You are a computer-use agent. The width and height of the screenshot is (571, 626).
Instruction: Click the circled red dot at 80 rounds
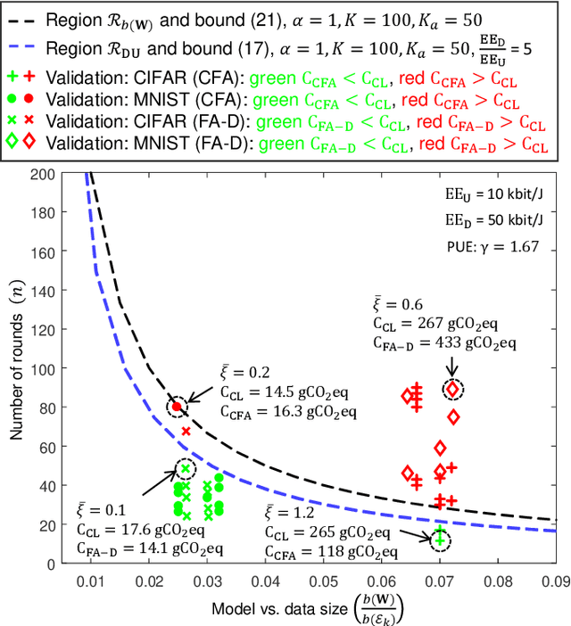point(177,406)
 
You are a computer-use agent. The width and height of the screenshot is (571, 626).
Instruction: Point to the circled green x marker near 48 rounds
point(186,468)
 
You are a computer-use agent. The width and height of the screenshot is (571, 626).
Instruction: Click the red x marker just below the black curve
point(186,431)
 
